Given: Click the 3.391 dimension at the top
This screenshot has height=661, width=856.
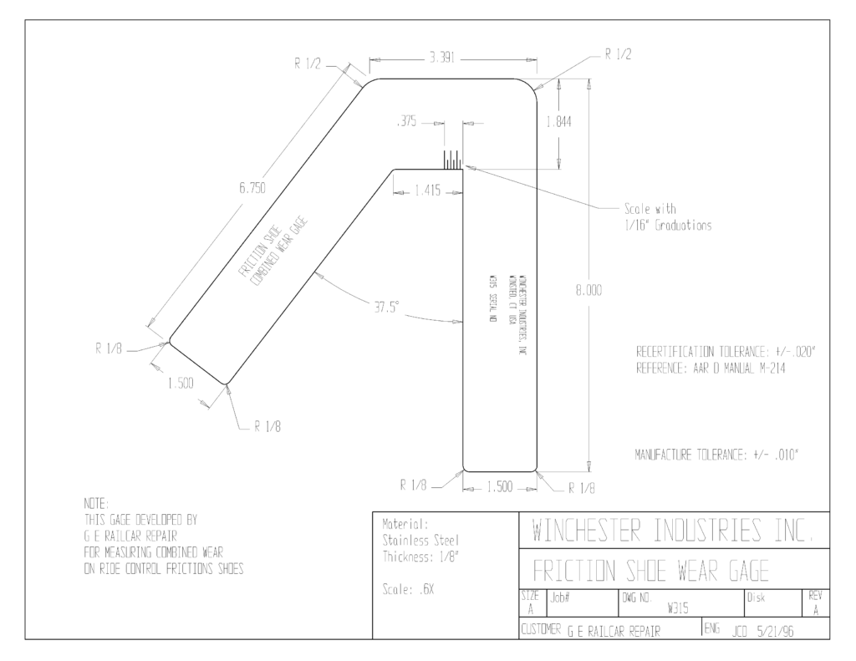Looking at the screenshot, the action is pyautogui.click(x=442, y=58).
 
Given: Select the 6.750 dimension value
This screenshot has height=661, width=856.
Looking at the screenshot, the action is pyautogui.click(x=252, y=188).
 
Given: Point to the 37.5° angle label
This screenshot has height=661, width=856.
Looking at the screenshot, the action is pyautogui.click(x=386, y=308).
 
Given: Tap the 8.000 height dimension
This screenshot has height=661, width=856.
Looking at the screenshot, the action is pyautogui.click(x=588, y=290).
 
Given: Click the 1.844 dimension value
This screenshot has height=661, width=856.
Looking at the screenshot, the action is pyautogui.click(x=559, y=122).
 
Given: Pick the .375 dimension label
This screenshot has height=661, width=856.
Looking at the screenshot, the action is pyautogui.click(x=406, y=121).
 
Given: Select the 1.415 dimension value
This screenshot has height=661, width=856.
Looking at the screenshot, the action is pyautogui.click(x=427, y=191).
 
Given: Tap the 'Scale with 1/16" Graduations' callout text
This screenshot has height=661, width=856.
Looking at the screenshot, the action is pyautogui.click(x=668, y=217).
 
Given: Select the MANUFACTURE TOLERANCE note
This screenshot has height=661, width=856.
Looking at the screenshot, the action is pyautogui.click(x=716, y=455).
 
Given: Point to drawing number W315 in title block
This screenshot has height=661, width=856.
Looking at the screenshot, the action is pyautogui.click(x=677, y=609).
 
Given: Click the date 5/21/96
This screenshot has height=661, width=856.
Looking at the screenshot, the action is pyautogui.click(x=775, y=632).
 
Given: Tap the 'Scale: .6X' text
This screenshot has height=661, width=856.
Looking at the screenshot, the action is pyautogui.click(x=408, y=590).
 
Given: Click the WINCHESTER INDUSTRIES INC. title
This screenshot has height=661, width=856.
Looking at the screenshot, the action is pyautogui.click(x=673, y=530).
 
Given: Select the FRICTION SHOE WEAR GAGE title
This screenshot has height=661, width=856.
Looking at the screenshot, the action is pyautogui.click(x=650, y=571).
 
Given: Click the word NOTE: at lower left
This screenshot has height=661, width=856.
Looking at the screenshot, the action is pyautogui.click(x=97, y=503).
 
